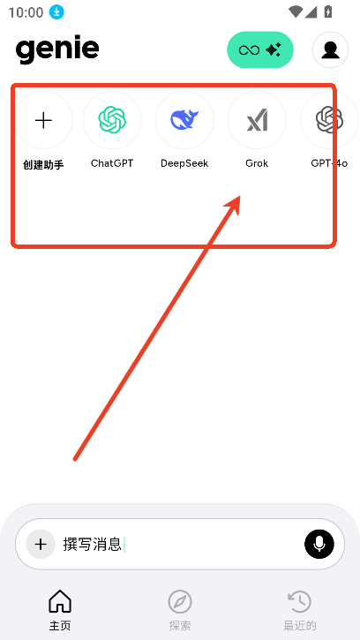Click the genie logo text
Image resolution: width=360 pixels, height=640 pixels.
point(57,50)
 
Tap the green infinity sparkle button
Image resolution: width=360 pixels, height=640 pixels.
point(260,49)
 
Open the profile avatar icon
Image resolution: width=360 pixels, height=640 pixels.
point(330,49)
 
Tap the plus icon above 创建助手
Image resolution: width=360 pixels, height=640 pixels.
point(43,120)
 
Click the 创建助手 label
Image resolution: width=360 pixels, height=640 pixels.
point(43,165)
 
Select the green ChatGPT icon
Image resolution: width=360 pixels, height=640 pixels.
point(112,119)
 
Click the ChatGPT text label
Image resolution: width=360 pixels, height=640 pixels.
point(112,163)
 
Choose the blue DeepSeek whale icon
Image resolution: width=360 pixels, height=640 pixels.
point(184,120)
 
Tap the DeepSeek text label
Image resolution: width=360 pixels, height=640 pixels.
point(184,163)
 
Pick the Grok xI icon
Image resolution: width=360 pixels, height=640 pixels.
point(257,120)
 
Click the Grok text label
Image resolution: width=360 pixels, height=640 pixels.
point(257,163)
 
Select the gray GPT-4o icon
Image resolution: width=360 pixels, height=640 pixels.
point(329,119)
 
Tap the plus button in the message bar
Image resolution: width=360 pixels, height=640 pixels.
point(41,544)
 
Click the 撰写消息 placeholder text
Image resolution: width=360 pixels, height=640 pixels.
point(93,544)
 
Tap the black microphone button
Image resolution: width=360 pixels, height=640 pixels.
point(319,544)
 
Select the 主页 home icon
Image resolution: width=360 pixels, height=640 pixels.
point(60,601)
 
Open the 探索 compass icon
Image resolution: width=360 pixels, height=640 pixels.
point(180,602)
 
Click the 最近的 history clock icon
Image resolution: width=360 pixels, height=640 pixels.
point(300,601)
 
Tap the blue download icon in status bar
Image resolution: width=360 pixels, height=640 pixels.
point(56,12)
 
